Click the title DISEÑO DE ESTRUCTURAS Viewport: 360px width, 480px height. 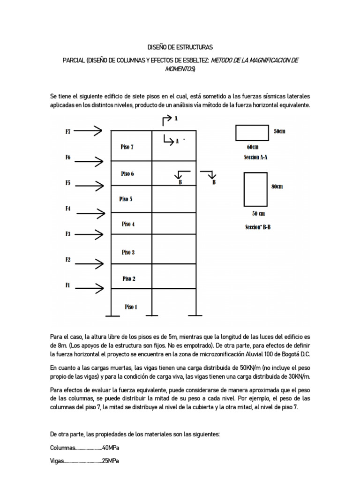click(x=180, y=47)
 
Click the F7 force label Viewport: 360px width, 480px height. click(x=68, y=132)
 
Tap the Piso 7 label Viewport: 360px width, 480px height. click(x=127, y=147)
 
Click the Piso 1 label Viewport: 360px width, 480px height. click(x=131, y=307)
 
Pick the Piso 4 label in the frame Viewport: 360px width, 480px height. click(x=128, y=224)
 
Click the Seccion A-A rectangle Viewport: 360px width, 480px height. click(x=252, y=133)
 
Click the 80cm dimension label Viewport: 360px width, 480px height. click(x=277, y=187)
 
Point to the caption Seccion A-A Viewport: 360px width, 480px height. click(x=256, y=157)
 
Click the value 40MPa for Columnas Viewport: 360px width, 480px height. click(x=111, y=448)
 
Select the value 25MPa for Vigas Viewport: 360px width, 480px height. click(x=110, y=461)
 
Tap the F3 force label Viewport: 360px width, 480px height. click(x=68, y=234)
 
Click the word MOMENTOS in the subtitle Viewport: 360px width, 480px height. click(x=180, y=69)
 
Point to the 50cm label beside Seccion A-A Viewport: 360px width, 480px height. click(x=279, y=132)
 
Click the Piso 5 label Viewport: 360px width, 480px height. click(x=126, y=199)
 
